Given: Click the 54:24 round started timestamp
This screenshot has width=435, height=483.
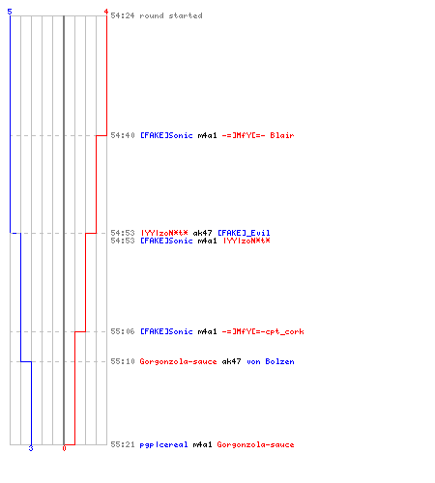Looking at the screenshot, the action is click(123, 15).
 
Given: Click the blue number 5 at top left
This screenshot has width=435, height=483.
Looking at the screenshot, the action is click(10, 12).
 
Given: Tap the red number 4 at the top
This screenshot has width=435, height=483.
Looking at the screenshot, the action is click(105, 12).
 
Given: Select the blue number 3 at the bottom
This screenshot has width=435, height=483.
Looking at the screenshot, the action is click(31, 448).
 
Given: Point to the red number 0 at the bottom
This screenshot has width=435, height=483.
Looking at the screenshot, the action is click(64, 448).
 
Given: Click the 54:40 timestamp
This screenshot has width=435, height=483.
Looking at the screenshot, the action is click(123, 135).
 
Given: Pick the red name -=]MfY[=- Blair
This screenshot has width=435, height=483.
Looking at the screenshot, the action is click(258, 135).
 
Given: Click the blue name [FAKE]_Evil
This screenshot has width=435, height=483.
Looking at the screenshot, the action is click(244, 233).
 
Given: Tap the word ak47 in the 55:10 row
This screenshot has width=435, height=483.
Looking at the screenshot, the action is click(231, 361).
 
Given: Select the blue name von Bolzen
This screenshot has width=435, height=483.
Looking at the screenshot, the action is click(271, 361).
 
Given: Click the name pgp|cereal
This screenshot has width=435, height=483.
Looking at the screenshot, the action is click(163, 444).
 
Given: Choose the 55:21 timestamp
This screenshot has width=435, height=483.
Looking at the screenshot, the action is click(123, 444).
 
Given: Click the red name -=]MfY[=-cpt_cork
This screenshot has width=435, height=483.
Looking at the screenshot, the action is click(263, 331).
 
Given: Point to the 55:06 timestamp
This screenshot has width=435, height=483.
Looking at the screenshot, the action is click(123, 331).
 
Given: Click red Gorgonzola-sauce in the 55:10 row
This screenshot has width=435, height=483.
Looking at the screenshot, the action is click(178, 361).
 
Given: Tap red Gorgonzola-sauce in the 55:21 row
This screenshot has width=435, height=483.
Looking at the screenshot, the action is click(255, 444).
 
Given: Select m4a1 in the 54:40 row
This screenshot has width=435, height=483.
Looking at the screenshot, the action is click(207, 135).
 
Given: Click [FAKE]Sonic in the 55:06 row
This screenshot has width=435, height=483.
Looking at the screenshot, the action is click(166, 331).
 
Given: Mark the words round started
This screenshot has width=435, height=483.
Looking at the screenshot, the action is click(171, 15).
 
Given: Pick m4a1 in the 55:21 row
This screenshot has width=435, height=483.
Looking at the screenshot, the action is click(202, 444).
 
